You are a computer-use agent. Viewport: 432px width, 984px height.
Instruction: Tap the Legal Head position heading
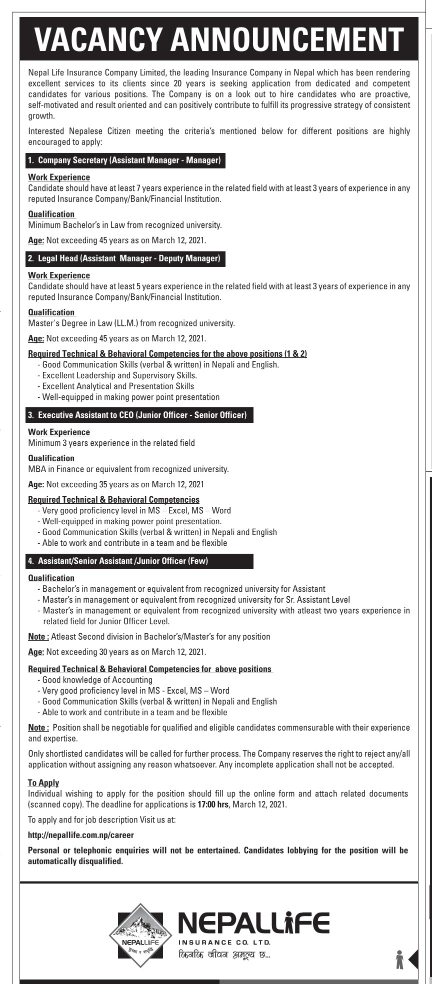click(x=124, y=258)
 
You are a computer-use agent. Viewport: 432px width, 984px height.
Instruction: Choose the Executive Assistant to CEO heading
click(x=138, y=415)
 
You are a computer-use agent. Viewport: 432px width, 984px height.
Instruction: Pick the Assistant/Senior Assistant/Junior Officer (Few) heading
click(x=118, y=561)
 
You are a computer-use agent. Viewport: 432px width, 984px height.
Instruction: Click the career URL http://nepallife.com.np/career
click(x=81, y=835)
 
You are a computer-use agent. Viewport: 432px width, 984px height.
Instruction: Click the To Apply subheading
click(x=43, y=783)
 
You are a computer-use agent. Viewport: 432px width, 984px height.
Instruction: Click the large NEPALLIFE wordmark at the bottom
click(x=253, y=923)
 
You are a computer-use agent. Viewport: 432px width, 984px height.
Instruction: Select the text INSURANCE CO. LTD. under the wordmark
click(x=224, y=943)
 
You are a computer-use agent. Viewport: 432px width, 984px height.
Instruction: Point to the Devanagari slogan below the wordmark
click(x=224, y=955)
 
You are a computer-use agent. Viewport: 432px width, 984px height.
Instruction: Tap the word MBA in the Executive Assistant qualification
click(x=36, y=469)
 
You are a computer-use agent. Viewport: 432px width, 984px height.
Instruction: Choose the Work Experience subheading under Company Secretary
click(x=59, y=177)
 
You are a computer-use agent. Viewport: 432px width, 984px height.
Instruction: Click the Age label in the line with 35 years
click(x=36, y=484)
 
